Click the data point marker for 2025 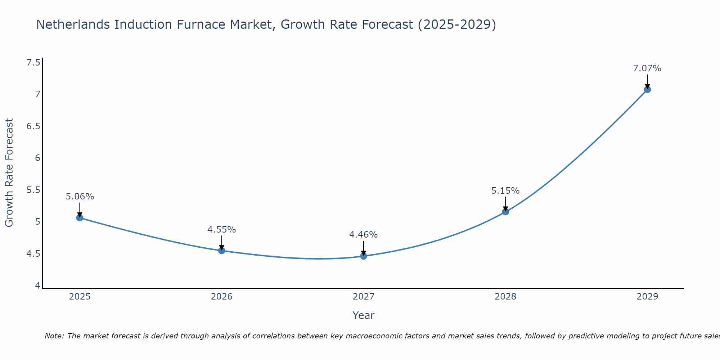pyautogui.click(x=80, y=218)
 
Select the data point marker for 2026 pyautogui.click(x=222, y=251)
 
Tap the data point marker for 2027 pyautogui.click(x=364, y=256)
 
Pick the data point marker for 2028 pyautogui.click(x=505, y=212)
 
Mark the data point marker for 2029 pyautogui.click(x=647, y=90)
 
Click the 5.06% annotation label pyautogui.click(x=80, y=197)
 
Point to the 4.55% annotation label pyautogui.click(x=222, y=230)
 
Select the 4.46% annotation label pyautogui.click(x=364, y=235)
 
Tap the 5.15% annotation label pyautogui.click(x=505, y=191)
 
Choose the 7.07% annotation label pyautogui.click(x=647, y=68)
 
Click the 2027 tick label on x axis pyautogui.click(x=364, y=297)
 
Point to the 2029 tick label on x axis pyautogui.click(x=647, y=297)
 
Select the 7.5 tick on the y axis pyautogui.click(x=33, y=63)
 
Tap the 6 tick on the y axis pyautogui.click(x=37, y=158)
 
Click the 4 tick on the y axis pyautogui.click(x=37, y=285)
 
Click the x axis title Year pyautogui.click(x=364, y=315)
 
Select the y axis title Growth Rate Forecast pyautogui.click(x=9, y=173)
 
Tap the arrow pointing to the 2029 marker pyautogui.click(x=647, y=81)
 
